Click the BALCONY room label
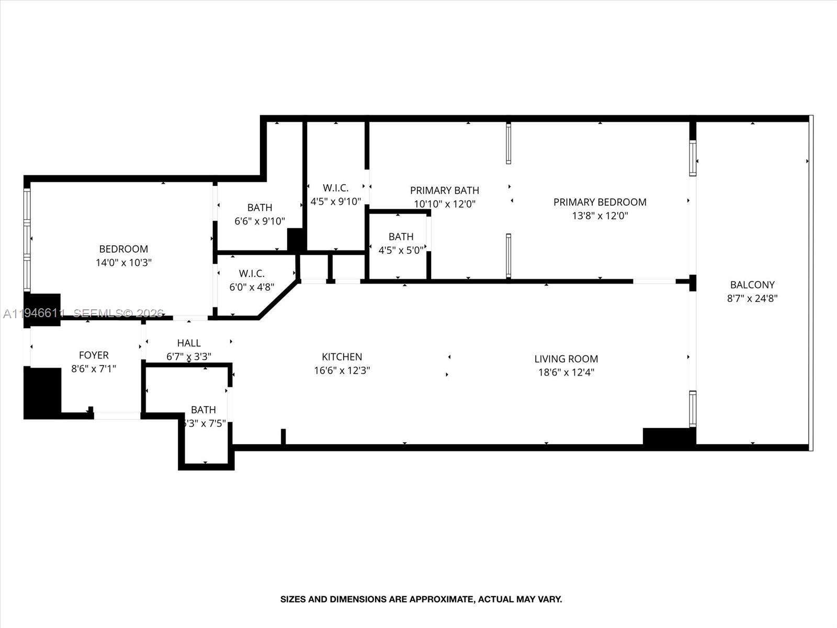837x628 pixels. (x=752, y=285)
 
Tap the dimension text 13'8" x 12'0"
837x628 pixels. (x=600, y=216)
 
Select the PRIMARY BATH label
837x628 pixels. (x=444, y=190)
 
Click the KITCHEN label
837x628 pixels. (x=342, y=357)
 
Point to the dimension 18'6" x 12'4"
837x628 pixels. (x=565, y=373)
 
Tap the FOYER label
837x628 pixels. (x=94, y=355)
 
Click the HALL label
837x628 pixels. (x=188, y=343)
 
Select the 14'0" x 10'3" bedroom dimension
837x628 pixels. (x=123, y=263)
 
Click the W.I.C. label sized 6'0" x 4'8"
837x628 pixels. (x=252, y=274)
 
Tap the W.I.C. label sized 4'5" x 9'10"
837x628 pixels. (x=335, y=188)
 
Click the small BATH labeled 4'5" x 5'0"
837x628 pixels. (x=401, y=237)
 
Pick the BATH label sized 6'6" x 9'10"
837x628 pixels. (x=259, y=208)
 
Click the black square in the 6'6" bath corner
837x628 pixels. (x=296, y=240)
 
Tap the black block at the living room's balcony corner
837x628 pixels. (x=669, y=436)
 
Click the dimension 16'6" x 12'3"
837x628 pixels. (x=342, y=371)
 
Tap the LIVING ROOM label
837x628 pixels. (x=565, y=359)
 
